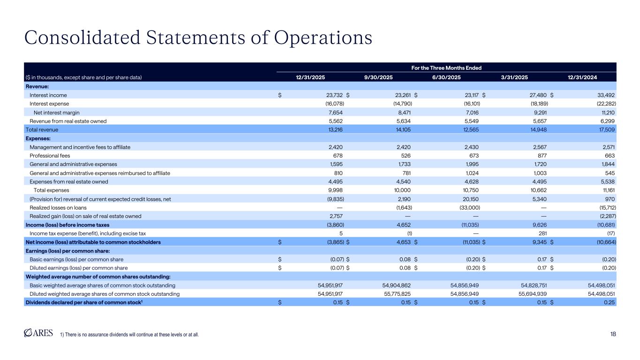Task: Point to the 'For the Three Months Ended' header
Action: pos(447,68)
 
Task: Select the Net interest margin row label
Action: pos(55,112)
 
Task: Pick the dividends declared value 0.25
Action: pos(610,303)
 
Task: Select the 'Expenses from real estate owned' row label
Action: pos(68,182)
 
